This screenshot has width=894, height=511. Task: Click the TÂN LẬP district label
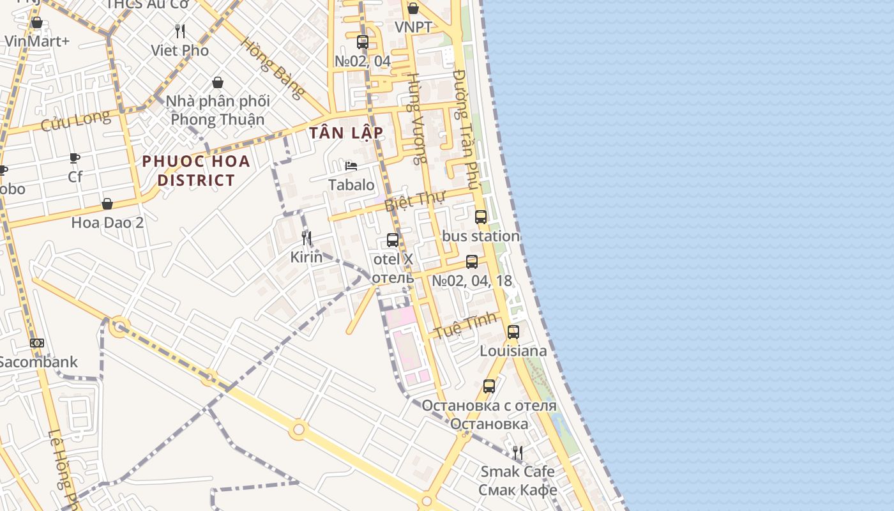pos(346,133)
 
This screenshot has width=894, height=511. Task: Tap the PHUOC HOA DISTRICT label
pos(196,171)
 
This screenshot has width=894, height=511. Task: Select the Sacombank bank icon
pos(37,343)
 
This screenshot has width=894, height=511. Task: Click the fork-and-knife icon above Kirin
pos(307,238)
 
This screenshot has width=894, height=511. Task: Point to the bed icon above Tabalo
pos(351,166)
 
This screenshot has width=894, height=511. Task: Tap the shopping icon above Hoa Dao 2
pos(107,204)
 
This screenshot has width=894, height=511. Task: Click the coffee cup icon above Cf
pos(75,158)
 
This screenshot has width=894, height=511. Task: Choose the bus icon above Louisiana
pos(513,332)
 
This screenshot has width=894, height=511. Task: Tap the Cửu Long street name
pos(75,119)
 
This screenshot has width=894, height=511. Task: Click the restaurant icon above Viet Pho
pos(180,31)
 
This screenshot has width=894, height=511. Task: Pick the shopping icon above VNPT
pos(413,8)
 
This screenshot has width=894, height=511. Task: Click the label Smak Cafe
pos(517,471)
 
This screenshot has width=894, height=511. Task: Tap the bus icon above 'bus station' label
pos(481,217)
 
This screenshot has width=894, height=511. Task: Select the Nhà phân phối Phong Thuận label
pos(218,110)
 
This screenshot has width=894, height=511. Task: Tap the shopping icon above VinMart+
pos(37,23)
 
